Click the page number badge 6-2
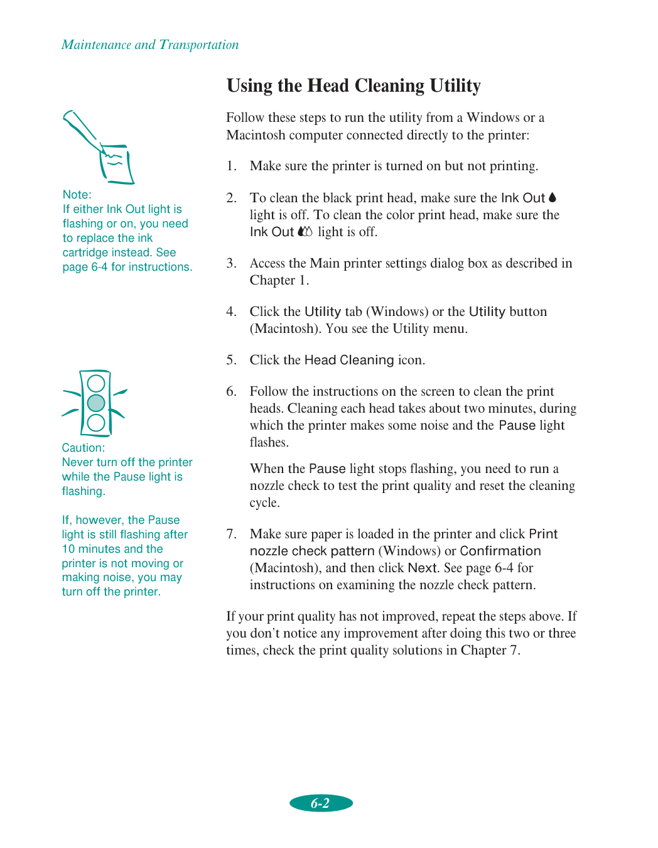[321, 803]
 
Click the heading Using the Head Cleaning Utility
[353, 85]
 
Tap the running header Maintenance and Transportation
[150, 45]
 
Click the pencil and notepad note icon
[100, 148]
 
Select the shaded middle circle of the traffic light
[96, 403]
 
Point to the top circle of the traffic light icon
[96, 383]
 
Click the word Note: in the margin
[77, 195]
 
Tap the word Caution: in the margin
[83, 448]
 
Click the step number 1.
[231, 166]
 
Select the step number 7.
[231, 534]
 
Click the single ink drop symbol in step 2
[553, 197]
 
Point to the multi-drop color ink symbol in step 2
[305, 232]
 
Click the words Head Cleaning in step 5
[348, 360]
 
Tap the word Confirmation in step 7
[500, 551]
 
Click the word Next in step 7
[422, 568]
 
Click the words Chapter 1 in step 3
[278, 280]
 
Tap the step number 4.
[231, 312]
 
